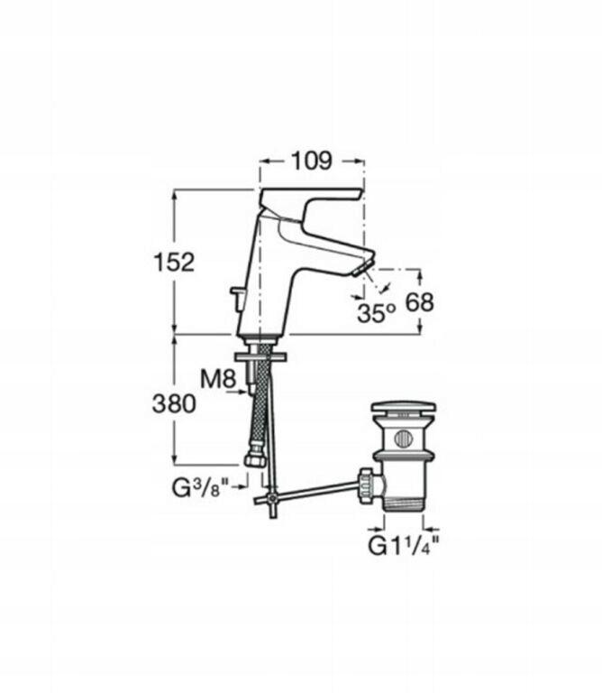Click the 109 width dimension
(311, 161)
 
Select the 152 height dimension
(173, 262)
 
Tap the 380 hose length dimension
(174, 403)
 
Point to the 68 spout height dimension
(419, 302)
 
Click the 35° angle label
(376, 313)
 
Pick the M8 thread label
(218, 379)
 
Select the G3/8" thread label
(201, 488)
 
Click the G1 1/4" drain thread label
(404, 546)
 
